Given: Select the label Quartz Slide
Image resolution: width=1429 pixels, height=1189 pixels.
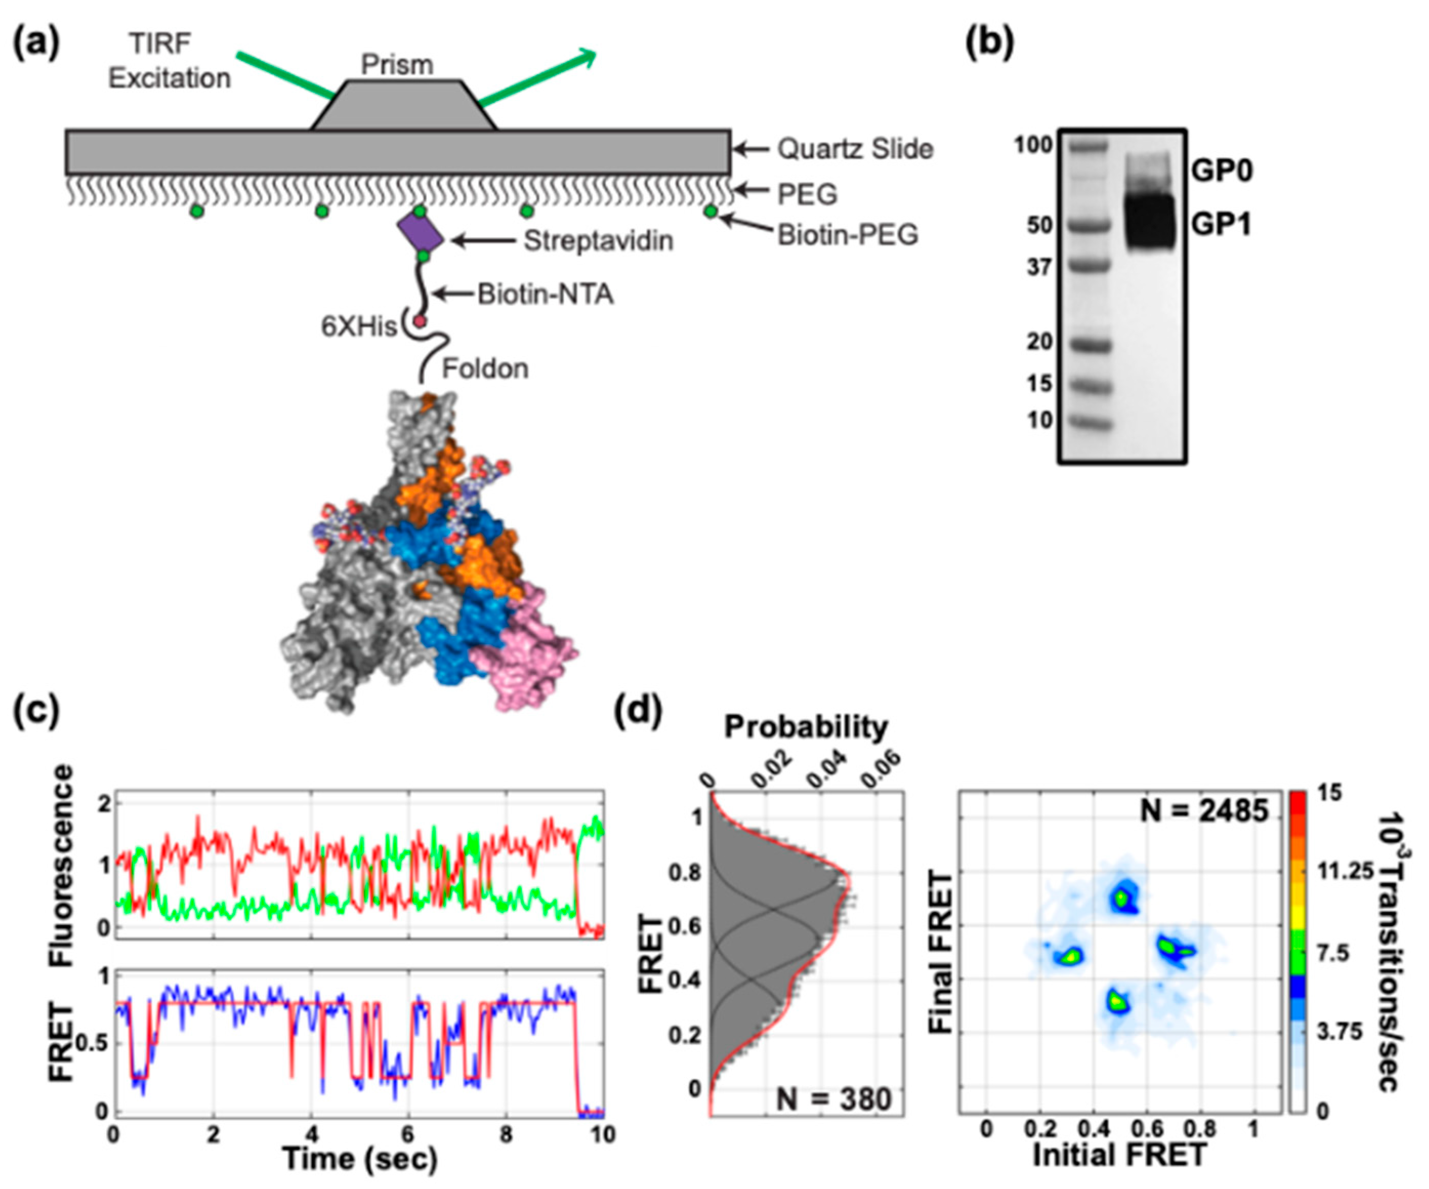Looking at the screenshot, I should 855,149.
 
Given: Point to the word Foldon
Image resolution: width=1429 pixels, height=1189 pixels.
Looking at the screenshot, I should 485,369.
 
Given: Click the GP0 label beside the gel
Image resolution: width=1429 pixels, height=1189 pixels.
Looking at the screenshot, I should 1222,172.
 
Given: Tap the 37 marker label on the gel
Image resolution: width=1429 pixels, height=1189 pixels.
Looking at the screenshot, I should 1039,267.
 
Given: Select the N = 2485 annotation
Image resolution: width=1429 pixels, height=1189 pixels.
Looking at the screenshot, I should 1204,811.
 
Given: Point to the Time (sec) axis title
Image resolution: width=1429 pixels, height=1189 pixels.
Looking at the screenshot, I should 359,1158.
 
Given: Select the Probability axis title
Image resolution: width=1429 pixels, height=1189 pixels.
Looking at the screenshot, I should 806,727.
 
